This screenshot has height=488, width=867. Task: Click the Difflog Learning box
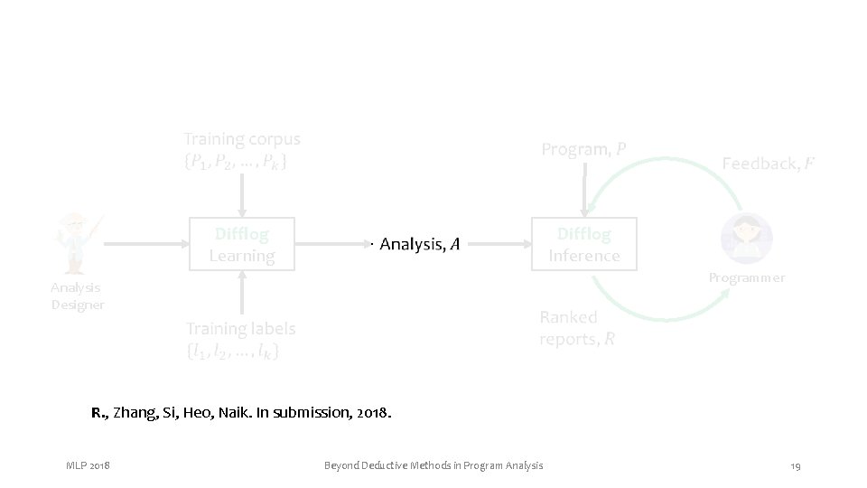(x=241, y=244)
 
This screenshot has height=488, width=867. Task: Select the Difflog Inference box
(x=584, y=244)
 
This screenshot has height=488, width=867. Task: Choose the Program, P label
(x=583, y=149)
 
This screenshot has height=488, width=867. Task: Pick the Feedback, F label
(x=767, y=164)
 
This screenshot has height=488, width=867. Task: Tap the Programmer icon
(x=746, y=238)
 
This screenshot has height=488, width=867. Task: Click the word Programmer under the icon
(x=746, y=277)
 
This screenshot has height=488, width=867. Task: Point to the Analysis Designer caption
(x=77, y=296)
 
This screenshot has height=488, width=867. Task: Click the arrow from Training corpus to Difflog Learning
(x=241, y=193)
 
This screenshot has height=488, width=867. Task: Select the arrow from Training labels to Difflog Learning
(x=241, y=291)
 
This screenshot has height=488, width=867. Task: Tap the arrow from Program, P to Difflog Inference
(x=584, y=190)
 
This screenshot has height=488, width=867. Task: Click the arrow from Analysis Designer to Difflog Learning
(x=144, y=244)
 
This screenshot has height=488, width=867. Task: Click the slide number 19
(x=795, y=465)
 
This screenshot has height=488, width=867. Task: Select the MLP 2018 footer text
(x=88, y=465)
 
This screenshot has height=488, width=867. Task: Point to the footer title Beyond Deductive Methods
(x=433, y=465)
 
